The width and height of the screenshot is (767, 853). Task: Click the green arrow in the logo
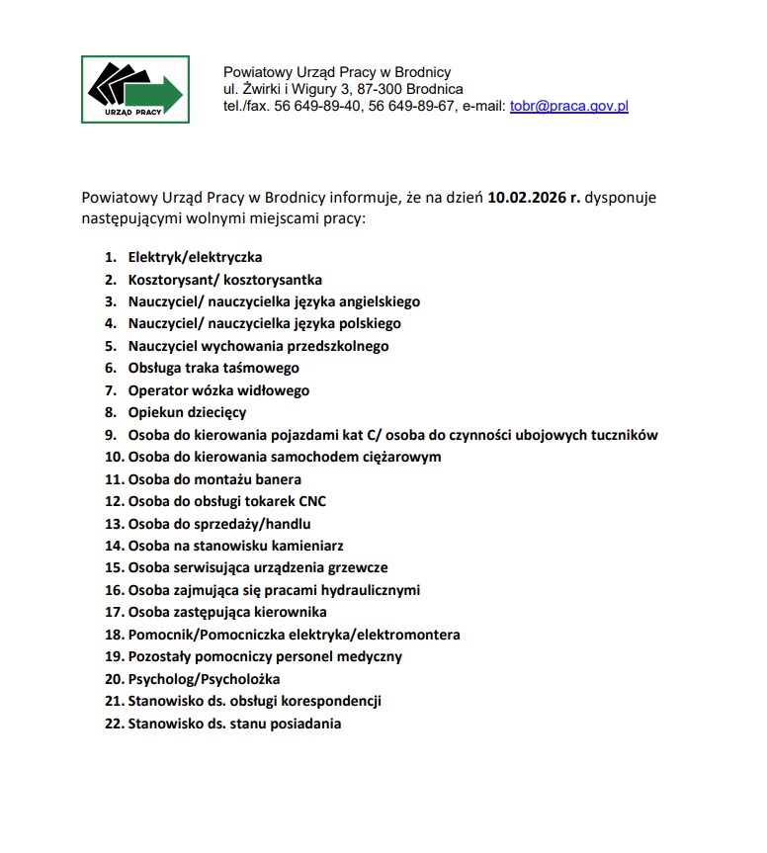158,92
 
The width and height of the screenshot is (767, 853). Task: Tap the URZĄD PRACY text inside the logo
133,113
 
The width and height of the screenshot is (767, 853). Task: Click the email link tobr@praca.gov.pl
568,106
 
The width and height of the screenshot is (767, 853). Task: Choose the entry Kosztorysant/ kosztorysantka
224,280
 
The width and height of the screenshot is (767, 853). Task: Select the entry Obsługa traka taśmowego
213,368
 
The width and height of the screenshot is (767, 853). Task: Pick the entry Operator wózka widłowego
218,390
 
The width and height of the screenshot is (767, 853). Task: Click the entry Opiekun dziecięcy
187,412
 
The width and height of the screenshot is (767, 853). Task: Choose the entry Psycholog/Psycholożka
204,679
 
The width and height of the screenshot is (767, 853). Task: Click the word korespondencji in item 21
331,701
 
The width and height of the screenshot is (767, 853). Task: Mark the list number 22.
113,724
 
